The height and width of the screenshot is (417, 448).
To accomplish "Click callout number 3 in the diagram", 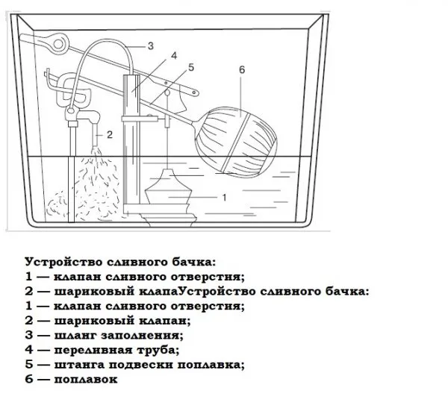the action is [151, 46].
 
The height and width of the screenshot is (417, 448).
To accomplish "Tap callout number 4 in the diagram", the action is [174, 56].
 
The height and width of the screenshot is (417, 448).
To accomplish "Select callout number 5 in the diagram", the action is [191, 68].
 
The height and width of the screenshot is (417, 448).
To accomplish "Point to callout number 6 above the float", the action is [242, 69].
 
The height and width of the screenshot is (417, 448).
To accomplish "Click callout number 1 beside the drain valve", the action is [224, 197].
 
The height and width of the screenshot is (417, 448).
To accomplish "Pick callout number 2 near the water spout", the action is [110, 134].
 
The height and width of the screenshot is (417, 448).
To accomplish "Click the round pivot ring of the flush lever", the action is [58, 44].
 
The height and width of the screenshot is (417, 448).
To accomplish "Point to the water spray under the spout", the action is [97, 183].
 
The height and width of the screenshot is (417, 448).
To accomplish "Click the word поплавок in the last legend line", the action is [86, 380].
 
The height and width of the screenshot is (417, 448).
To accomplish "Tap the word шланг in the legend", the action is [75, 335].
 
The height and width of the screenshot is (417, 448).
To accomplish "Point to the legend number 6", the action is [29, 379].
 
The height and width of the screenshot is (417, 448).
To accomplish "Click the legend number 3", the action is [29, 335].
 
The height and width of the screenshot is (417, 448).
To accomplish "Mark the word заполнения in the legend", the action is [142, 335].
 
